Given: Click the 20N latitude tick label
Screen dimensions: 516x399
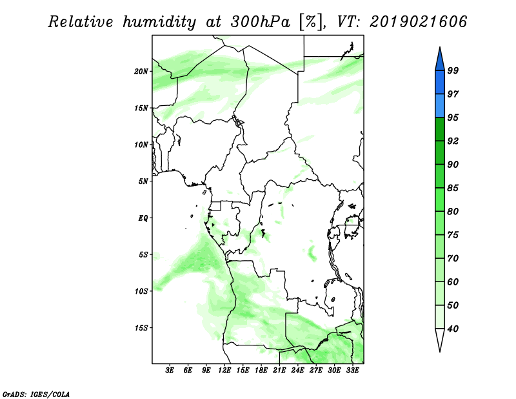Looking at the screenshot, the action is [x=141, y=72].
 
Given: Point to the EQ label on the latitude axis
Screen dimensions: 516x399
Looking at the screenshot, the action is [x=143, y=218].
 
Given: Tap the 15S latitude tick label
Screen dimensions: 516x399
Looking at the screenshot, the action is [x=141, y=328].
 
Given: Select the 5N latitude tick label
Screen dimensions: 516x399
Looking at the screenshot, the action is [x=143, y=181].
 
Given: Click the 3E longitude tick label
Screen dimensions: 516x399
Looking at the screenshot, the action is [x=170, y=371].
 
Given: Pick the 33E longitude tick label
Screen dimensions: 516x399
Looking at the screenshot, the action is [x=352, y=371].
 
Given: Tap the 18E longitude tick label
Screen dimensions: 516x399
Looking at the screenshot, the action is [x=261, y=371].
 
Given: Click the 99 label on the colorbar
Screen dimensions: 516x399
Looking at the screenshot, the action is [x=453, y=70].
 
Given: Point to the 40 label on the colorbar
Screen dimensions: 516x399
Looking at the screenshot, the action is [x=453, y=329].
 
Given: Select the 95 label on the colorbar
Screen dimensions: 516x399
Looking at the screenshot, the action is [x=453, y=118].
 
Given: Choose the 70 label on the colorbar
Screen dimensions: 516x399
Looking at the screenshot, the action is [x=453, y=258].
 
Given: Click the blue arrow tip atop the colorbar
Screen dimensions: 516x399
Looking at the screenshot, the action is [x=440, y=47].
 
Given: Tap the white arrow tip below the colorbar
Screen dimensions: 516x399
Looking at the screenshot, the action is [x=440, y=352].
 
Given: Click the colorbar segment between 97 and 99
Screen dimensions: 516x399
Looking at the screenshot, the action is [x=440, y=83].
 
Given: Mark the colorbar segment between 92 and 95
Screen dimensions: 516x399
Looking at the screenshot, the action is [x=440, y=129].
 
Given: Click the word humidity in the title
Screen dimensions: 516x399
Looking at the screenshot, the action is [x=159, y=22].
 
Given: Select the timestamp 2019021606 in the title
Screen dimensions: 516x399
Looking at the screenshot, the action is [x=418, y=22].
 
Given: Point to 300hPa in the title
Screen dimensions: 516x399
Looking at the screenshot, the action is [x=260, y=22].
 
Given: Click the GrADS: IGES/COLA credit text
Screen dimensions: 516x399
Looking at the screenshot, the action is [x=36, y=394].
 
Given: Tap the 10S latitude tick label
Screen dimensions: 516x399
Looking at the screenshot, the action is [x=141, y=291].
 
